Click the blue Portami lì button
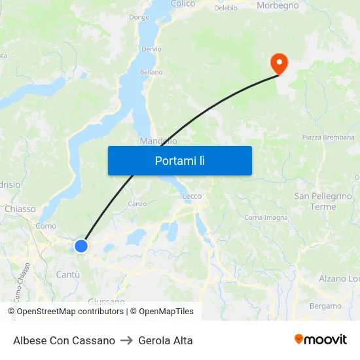click(179, 160)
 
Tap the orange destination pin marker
click(279, 63)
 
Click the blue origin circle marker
click(81, 245)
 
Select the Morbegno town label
click(278, 5)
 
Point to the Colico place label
click(183, 4)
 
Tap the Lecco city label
click(192, 196)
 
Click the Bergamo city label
click(325, 306)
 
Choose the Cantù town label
click(68, 274)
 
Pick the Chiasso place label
click(20, 209)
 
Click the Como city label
click(46, 226)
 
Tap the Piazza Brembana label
click(328, 137)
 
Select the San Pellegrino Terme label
click(323, 202)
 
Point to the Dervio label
click(151, 49)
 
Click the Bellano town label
click(151, 72)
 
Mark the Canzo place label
click(137, 204)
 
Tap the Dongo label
click(139, 17)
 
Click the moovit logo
click(321, 340)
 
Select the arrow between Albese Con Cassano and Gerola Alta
click(127, 340)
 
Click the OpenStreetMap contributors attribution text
click(70, 312)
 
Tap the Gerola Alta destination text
click(166, 340)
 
